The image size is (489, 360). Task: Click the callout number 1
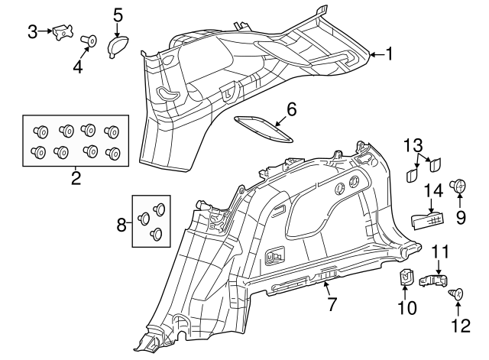coord(389,54)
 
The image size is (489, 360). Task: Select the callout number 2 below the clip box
coord(76,180)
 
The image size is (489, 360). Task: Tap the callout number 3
coord(33,31)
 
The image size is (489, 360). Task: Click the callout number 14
coord(432,191)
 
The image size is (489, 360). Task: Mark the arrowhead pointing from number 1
coord(371,54)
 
